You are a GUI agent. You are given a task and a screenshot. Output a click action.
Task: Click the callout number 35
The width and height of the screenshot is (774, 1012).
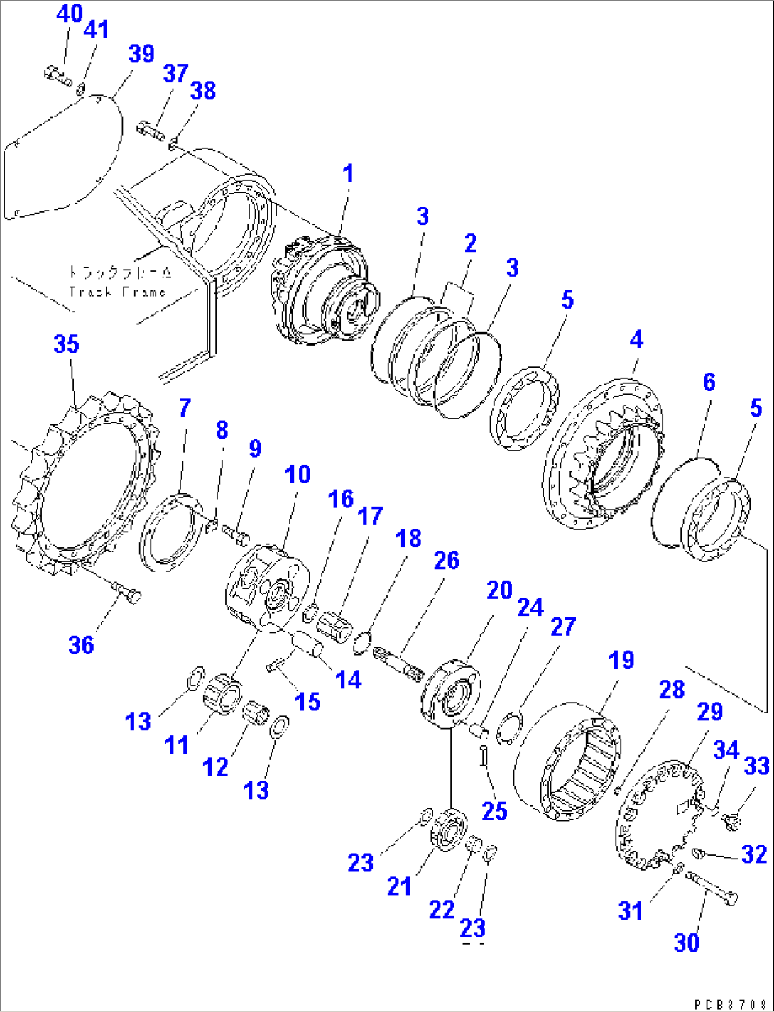tap(66, 344)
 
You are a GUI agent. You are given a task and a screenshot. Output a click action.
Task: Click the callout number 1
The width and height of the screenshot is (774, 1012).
tap(347, 174)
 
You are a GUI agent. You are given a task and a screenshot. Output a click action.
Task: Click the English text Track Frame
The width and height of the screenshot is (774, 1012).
tap(117, 292)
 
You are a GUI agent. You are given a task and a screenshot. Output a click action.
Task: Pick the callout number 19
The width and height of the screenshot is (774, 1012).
tap(621, 660)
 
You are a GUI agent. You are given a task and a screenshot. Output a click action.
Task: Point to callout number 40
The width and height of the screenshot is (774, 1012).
tap(69, 13)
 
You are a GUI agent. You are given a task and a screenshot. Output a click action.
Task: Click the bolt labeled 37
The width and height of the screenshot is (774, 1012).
tap(150, 130)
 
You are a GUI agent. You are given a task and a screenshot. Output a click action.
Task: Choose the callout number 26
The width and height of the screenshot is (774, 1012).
tap(446, 561)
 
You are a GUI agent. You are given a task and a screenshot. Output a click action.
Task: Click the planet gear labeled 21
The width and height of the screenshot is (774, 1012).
tap(447, 828)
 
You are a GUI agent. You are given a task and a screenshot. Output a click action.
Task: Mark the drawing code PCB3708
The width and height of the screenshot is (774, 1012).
tap(731, 1005)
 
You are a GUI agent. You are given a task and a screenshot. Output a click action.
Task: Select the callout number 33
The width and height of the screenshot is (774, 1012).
tap(756, 766)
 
